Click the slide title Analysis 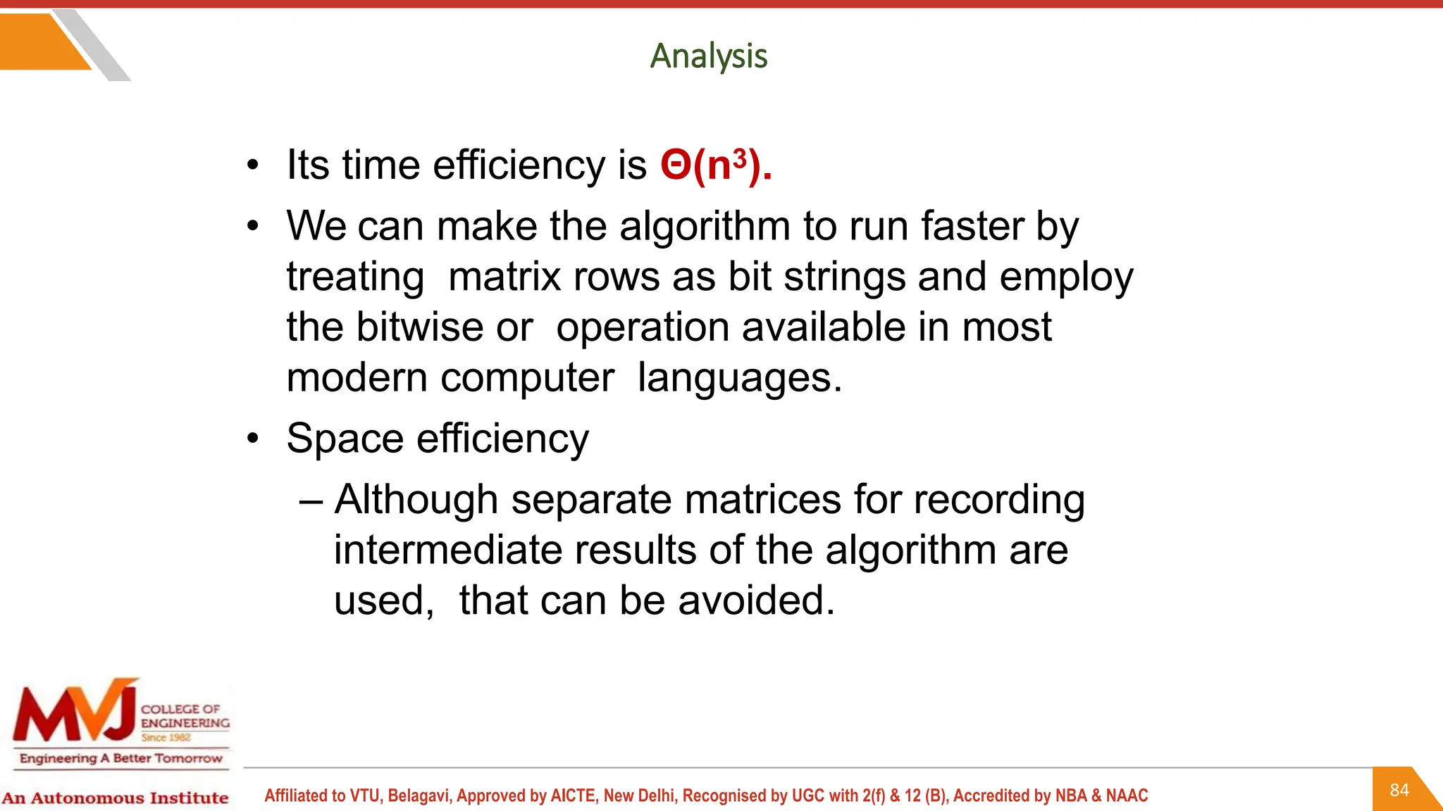(x=708, y=56)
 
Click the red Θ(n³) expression (x=715, y=166)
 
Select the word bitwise (x=419, y=327)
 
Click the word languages (x=739, y=378)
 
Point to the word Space (x=345, y=439)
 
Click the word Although (x=416, y=500)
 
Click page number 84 (x=1399, y=790)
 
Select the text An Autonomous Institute (x=115, y=798)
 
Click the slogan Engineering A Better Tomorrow (x=120, y=758)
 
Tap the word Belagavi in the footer (x=418, y=796)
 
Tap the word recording (x=998, y=500)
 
